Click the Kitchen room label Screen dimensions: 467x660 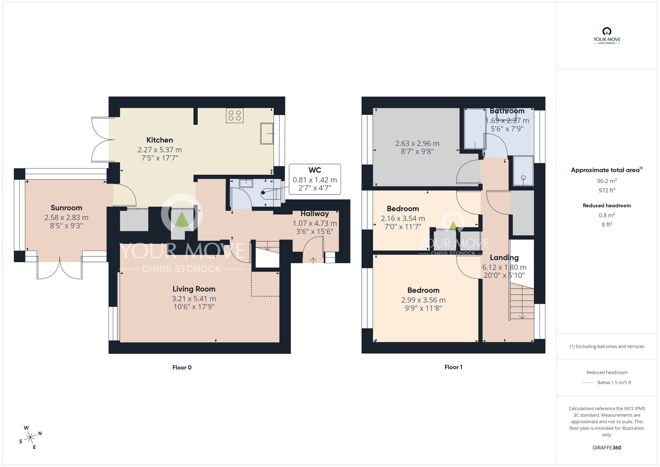coord(160,140)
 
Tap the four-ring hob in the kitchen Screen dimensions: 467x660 coord(235,116)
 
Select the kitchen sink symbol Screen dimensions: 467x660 coord(267,133)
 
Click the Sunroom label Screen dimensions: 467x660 coord(66,208)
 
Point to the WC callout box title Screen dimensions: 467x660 coord(314,170)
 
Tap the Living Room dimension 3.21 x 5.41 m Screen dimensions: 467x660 coord(194,299)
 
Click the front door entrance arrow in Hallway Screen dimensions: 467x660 coord(313,260)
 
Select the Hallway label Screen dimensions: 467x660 coord(314,214)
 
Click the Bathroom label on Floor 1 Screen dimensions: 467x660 coord(507,111)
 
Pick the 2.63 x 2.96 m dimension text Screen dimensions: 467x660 coord(417,143)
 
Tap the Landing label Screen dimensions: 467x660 coord(504,258)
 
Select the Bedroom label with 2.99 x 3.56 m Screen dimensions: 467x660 coord(423,290)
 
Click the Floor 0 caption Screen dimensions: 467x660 coord(182,368)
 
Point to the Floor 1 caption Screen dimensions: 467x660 coord(453,367)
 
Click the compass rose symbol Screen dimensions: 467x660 coord(30,438)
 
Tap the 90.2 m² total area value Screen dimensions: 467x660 coord(607,181)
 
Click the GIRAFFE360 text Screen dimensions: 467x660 coord(607,448)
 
